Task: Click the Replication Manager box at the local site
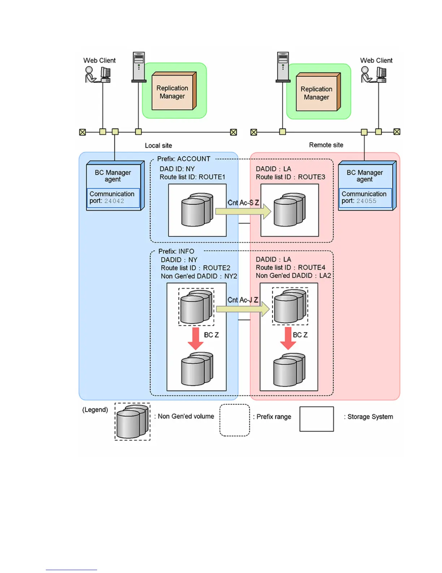point(173,92)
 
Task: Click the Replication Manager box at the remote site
point(317,93)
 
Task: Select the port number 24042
point(114,201)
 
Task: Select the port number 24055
point(366,201)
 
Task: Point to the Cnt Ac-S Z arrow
point(243,211)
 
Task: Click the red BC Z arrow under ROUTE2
point(196,338)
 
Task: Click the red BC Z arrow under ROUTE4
point(288,338)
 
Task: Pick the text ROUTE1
point(212,177)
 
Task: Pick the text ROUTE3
point(311,177)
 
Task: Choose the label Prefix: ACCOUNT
point(183,159)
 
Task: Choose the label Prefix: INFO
point(176,251)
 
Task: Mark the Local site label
point(158,145)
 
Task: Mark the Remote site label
point(326,145)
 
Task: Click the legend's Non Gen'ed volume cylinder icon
point(133,421)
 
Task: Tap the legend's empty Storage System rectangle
point(316,419)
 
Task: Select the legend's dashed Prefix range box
point(235,420)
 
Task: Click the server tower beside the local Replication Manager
point(139,67)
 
